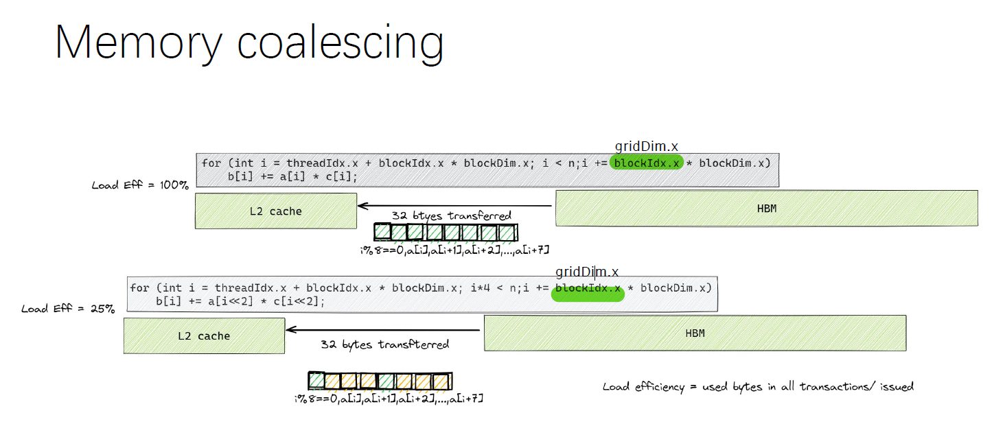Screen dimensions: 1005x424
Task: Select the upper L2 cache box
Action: pyautogui.click(x=276, y=211)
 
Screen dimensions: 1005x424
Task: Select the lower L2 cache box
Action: pyautogui.click(x=204, y=335)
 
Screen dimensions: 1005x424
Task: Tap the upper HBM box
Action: pyautogui.click(x=767, y=209)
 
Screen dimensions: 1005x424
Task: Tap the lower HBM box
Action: pyautogui.click(x=695, y=333)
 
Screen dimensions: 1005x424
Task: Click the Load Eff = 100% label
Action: pyautogui.click(x=140, y=185)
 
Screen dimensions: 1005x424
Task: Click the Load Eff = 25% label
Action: pyautogui.click(x=68, y=309)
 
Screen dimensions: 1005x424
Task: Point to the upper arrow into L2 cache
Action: pyautogui.click(x=455, y=206)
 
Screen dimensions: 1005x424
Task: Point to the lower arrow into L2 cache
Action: pyautogui.click(x=383, y=330)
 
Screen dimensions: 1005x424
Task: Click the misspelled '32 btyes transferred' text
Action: pyautogui.click(x=451, y=215)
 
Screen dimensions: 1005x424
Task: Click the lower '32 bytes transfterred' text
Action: pyautogui.click(x=385, y=344)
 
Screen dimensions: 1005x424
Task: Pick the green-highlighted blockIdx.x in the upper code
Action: pyautogui.click(x=647, y=163)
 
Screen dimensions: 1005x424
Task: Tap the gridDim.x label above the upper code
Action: pyautogui.click(x=647, y=146)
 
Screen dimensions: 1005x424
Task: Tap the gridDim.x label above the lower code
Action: pyautogui.click(x=587, y=272)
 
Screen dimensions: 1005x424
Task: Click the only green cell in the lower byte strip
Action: pyautogui.click(x=316, y=381)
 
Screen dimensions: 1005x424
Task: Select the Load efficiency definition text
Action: pyautogui.click(x=758, y=387)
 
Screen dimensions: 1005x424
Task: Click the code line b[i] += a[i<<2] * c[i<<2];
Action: pyautogui.click(x=240, y=301)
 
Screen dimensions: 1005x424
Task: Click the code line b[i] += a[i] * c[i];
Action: pyautogui.click(x=292, y=176)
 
